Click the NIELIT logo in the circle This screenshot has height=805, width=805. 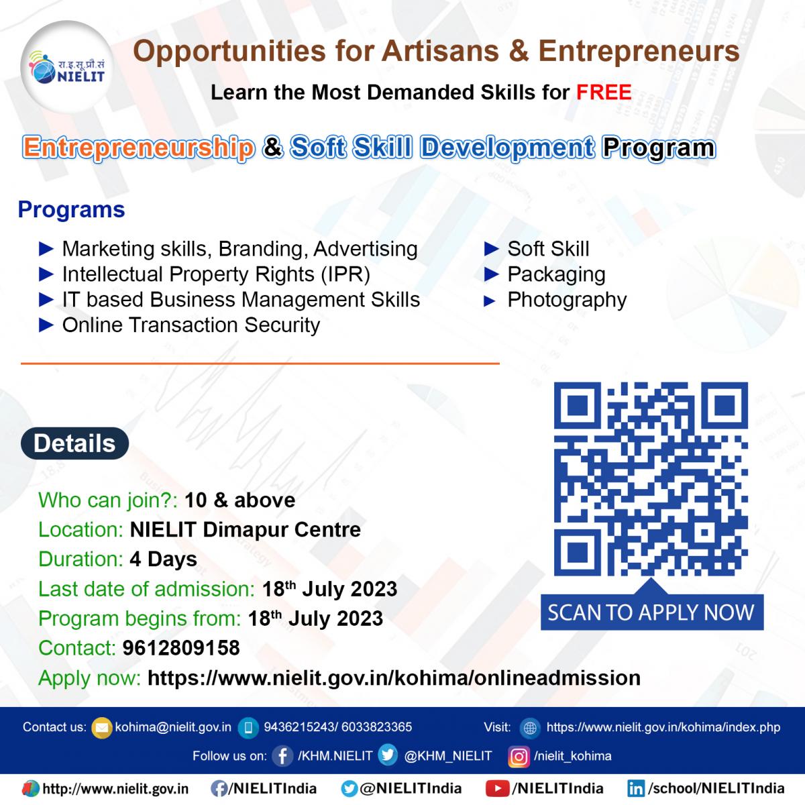click(67, 68)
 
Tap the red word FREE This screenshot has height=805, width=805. click(604, 93)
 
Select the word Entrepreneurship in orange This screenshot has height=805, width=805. click(138, 148)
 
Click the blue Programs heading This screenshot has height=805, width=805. click(71, 210)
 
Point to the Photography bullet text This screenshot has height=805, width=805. click(567, 301)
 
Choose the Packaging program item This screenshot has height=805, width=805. click(556, 275)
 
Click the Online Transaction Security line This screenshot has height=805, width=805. click(191, 325)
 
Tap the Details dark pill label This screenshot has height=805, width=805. click(74, 443)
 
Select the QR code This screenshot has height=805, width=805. click(651, 479)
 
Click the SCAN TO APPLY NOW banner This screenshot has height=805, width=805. click(651, 612)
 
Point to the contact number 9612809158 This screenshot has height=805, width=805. click(181, 648)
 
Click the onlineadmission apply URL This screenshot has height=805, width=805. click(394, 678)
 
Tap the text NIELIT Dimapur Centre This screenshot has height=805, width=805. click(246, 530)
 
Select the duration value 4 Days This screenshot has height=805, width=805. click(163, 559)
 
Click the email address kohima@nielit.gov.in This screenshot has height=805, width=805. click(173, 727)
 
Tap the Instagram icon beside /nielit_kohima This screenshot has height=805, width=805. click(519, 757)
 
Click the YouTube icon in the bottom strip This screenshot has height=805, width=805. click(497, 788)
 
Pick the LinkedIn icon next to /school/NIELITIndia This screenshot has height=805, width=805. click(636, 789)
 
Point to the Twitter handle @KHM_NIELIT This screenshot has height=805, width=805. click(448, 756)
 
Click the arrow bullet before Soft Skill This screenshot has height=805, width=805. click(491, 250)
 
